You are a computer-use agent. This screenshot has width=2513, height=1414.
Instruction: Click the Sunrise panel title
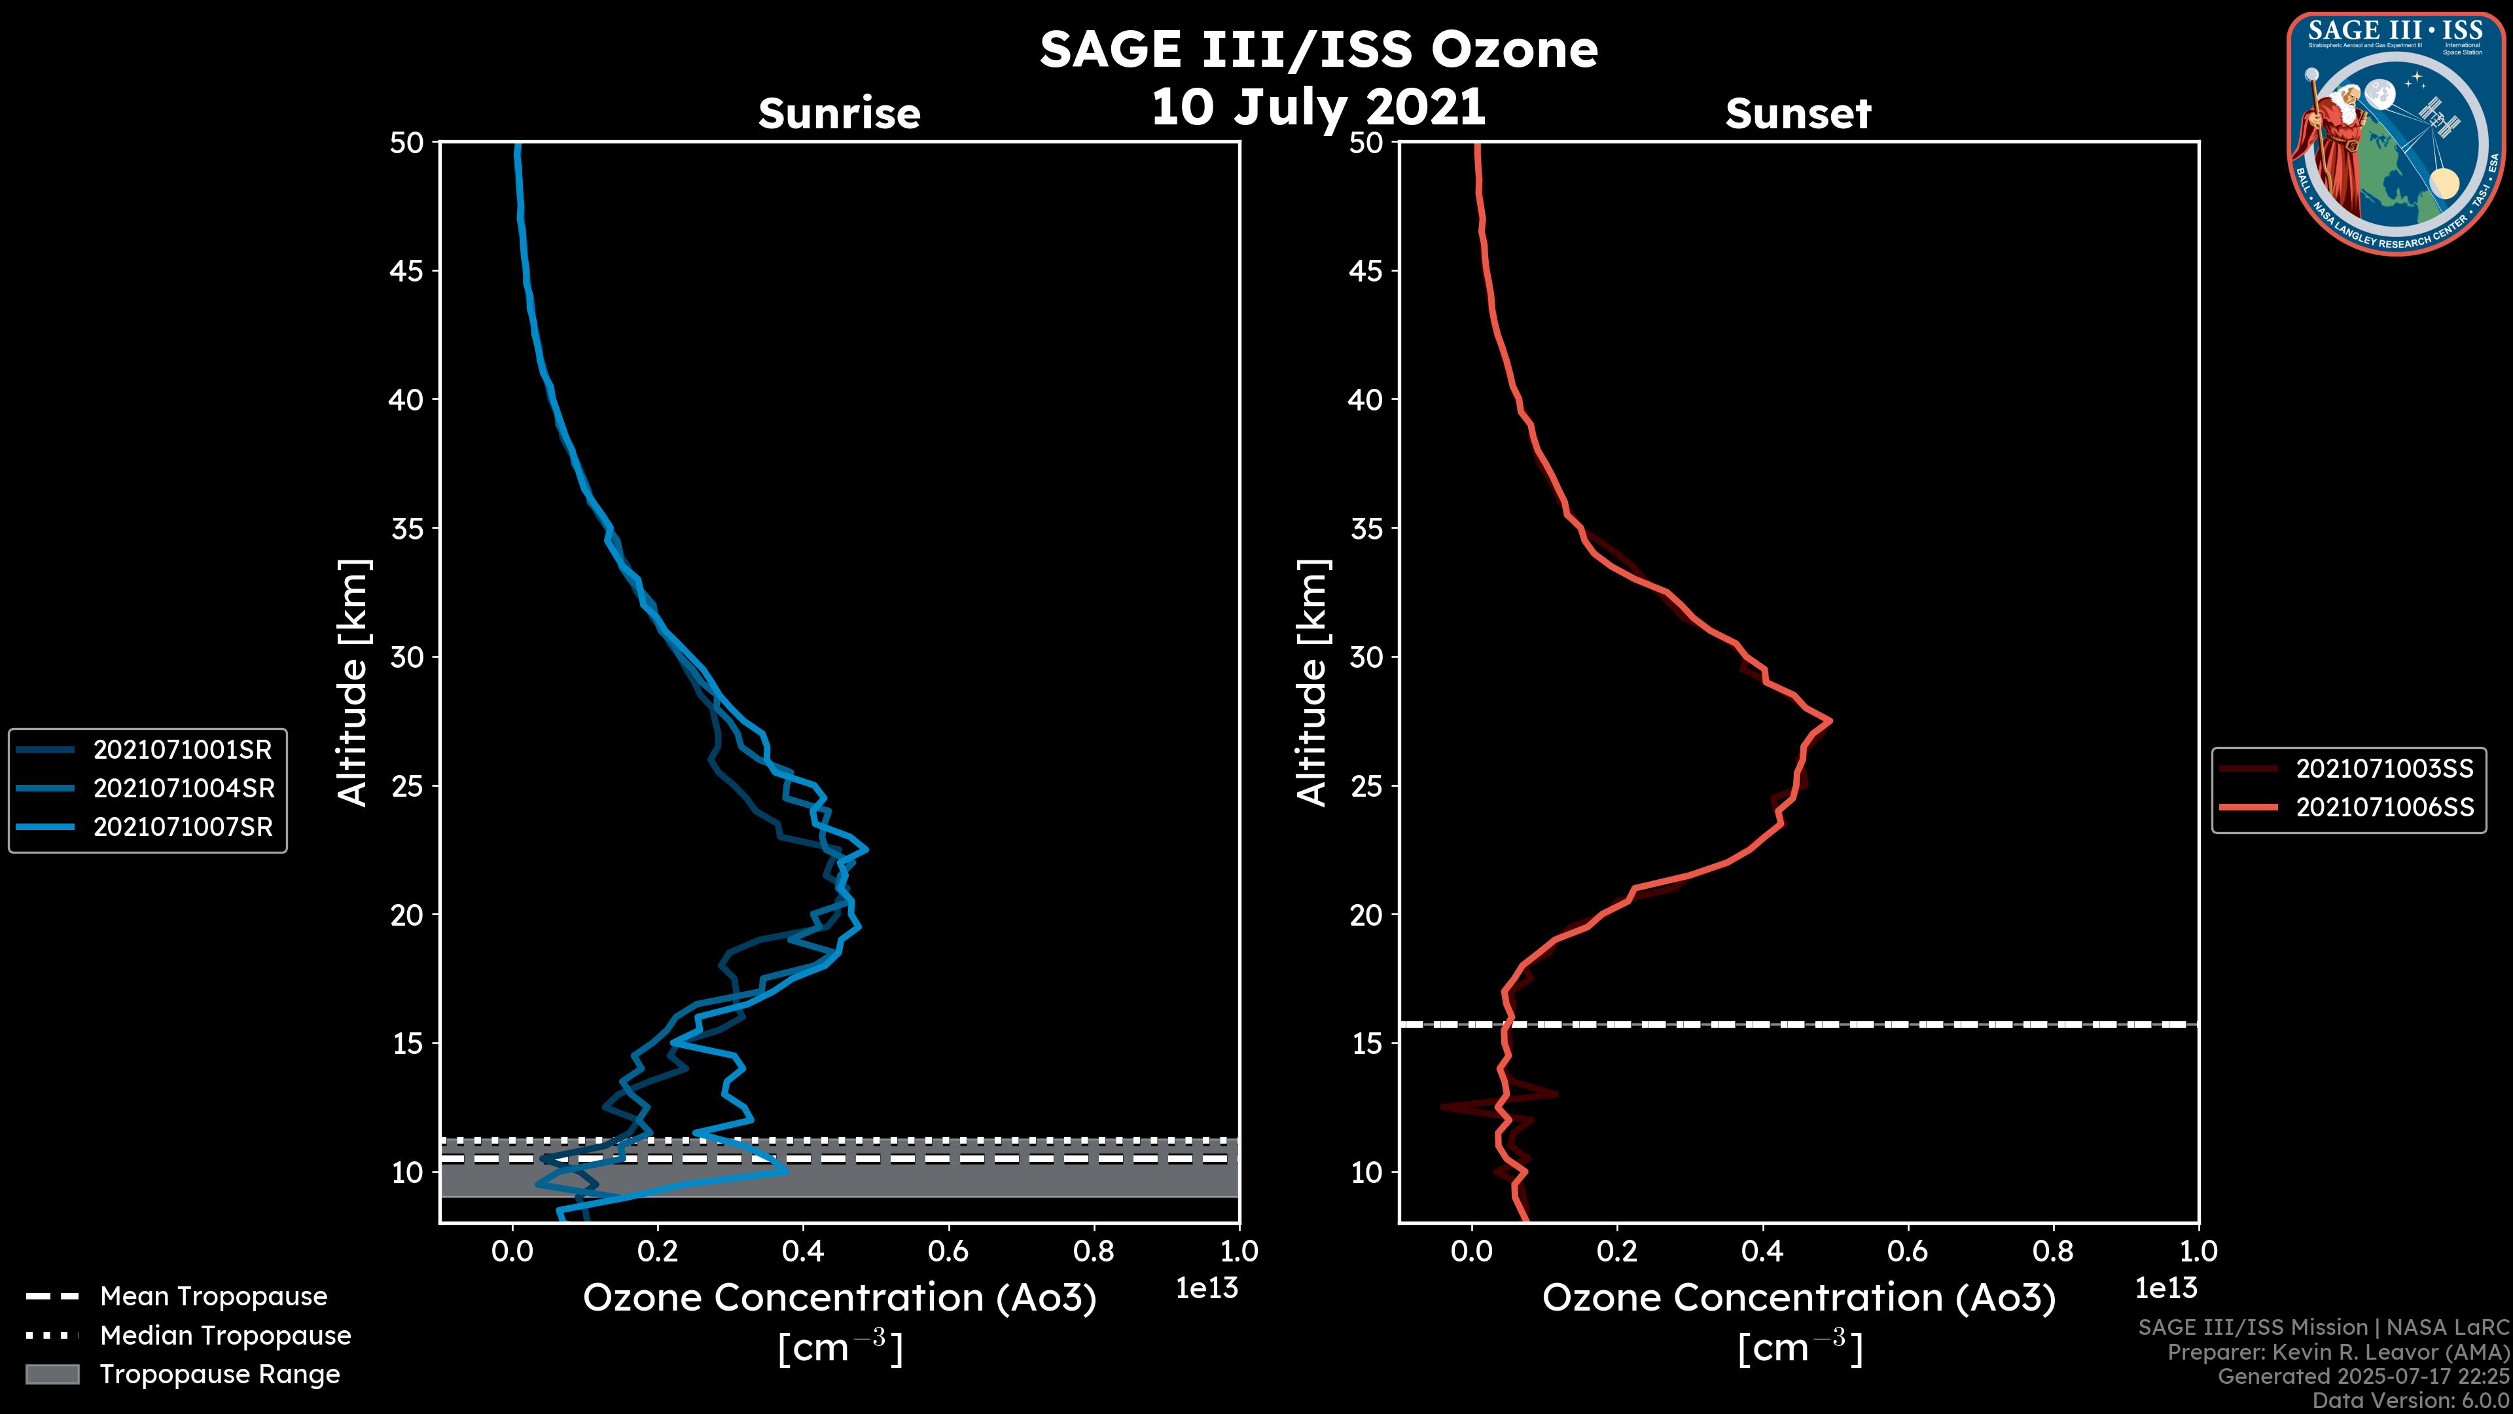click(839, 113)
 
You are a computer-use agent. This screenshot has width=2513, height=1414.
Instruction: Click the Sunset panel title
click(1798, 113)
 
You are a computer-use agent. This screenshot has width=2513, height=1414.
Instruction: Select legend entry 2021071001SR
click(183, 750)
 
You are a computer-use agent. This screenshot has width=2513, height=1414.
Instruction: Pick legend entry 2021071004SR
click(183, 788)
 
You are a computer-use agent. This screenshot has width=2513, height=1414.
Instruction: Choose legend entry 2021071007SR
click(183, 827)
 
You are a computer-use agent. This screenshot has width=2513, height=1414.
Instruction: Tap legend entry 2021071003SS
click(2384, 769)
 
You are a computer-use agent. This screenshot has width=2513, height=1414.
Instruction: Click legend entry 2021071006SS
click(2384, 808)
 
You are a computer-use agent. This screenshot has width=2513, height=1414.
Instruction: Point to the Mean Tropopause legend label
click(213, 1297)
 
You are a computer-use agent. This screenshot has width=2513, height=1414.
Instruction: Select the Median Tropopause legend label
click(225, 1336)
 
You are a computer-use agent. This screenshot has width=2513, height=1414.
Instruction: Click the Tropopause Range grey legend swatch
click(52, 1374)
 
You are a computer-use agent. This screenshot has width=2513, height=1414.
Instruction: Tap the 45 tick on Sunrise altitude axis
click(407, 271)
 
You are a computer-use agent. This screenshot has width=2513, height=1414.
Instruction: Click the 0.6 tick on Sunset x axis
click(1908, 1251)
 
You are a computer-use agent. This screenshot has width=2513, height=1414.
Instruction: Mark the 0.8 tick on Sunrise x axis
click(1094, 1251)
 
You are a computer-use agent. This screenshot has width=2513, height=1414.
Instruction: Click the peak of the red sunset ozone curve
click(1829, 720)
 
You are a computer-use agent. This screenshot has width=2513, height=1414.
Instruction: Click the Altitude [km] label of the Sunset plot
click(1312, 683)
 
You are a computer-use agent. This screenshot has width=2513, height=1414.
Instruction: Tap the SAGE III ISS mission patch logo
click(2395, 134)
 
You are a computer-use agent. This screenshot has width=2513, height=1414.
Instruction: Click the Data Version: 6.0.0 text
click(2410, 1400)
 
